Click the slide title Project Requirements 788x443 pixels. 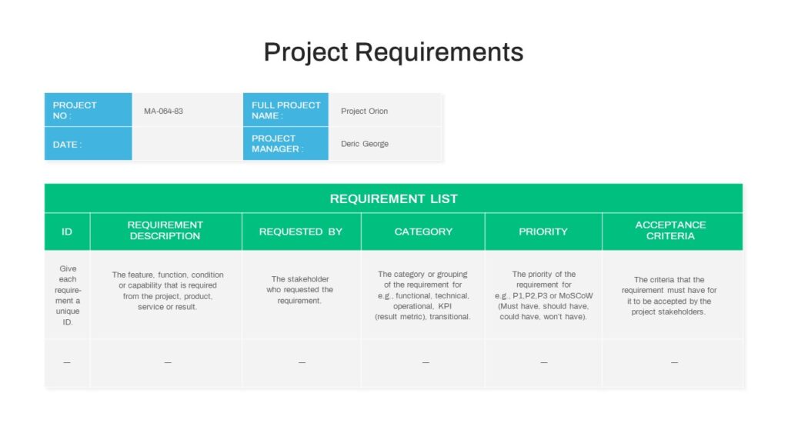(393, 52)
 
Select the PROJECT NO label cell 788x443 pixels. (88, 109)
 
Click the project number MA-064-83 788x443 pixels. (163, 111)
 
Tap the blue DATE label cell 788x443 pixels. (88, 144)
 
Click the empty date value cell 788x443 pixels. (188, 144)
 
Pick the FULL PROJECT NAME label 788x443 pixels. (286, 109)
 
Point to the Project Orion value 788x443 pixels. (364, 111)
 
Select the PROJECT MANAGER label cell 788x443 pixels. (286, 144)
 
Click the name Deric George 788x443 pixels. (365, 144)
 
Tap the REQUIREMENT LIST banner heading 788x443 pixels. (393, 199)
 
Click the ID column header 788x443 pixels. (68, 231)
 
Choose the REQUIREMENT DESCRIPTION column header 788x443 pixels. (166, 231)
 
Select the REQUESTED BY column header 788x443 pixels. (302, 231)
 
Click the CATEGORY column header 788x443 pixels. (423, 231)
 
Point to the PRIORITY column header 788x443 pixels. (543, 231)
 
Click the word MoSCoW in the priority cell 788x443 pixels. (576, 296)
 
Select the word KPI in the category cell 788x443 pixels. (445, 306)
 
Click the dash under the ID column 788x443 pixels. (67, 362)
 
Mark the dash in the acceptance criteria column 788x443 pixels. (674, 362)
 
